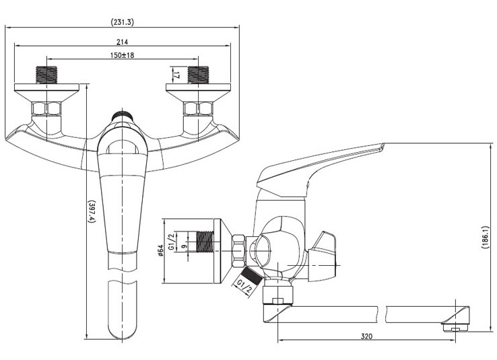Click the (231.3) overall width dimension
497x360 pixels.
click(123, 22)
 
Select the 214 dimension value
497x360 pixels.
click(122, 42)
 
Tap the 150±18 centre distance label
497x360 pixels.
click(122, 55)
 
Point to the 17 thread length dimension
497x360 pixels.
click(177, 75)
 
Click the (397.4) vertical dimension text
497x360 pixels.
click(92, 211)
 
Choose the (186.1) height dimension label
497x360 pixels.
click(485, 237)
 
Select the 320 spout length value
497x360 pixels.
click(366, 336)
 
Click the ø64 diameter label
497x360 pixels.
click(160, 250)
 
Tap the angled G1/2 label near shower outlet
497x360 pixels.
click(244, 286)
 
